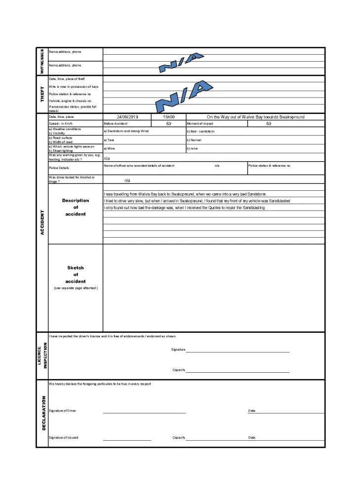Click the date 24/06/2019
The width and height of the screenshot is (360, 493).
point(127,117)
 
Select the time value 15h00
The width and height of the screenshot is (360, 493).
point(168,117)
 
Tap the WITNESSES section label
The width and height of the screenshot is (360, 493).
point(42,61)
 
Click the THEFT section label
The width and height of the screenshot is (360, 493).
point(42,94)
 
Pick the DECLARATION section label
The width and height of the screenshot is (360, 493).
point(43,413)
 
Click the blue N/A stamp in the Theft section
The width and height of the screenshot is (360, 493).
point(183,97)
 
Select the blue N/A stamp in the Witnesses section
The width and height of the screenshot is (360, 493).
point(180,63)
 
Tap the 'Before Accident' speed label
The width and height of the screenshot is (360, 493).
point(116,123)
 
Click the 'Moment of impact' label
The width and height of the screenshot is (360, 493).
point(200,123)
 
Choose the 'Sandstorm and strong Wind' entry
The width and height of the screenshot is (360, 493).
point(126,131)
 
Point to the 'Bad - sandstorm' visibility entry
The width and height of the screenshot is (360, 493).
point(200,132)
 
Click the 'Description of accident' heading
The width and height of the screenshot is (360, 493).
point(75,207)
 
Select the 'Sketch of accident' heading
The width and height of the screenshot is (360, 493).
point(75,275)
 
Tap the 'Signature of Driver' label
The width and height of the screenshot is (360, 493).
point(63,411)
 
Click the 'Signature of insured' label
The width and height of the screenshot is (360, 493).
point(64,437)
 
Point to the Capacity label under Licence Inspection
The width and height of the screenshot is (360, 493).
point(179,370)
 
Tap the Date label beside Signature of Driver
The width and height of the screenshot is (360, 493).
point(252,411)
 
